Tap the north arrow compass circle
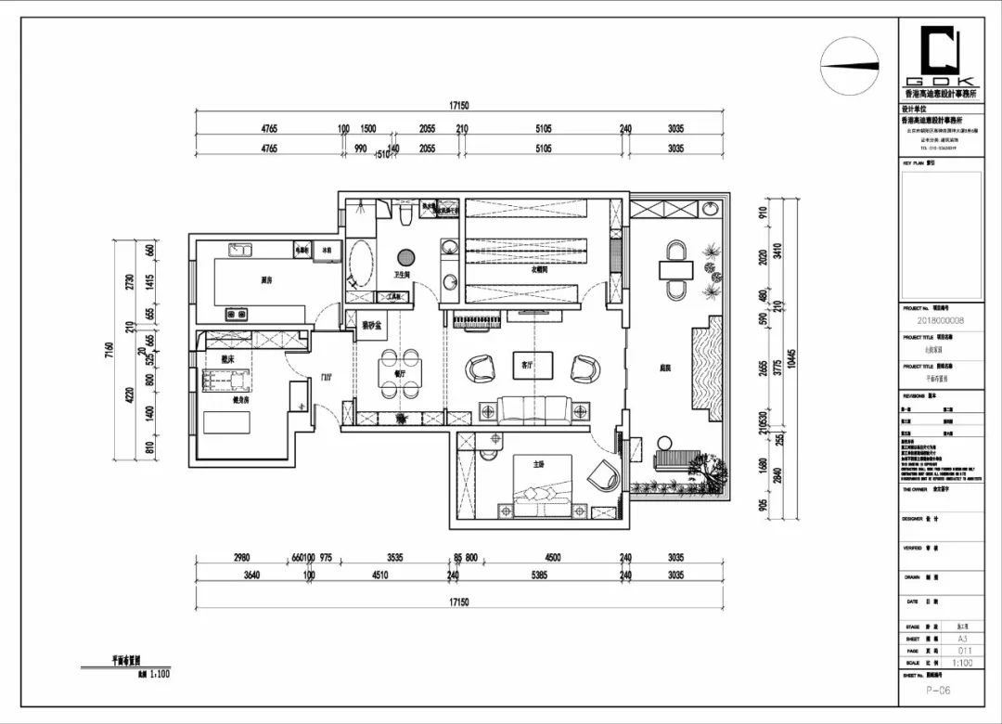849,66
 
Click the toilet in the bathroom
405,216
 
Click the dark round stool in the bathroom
405,257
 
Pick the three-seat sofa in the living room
534,409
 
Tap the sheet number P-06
938,691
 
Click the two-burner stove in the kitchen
238,315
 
